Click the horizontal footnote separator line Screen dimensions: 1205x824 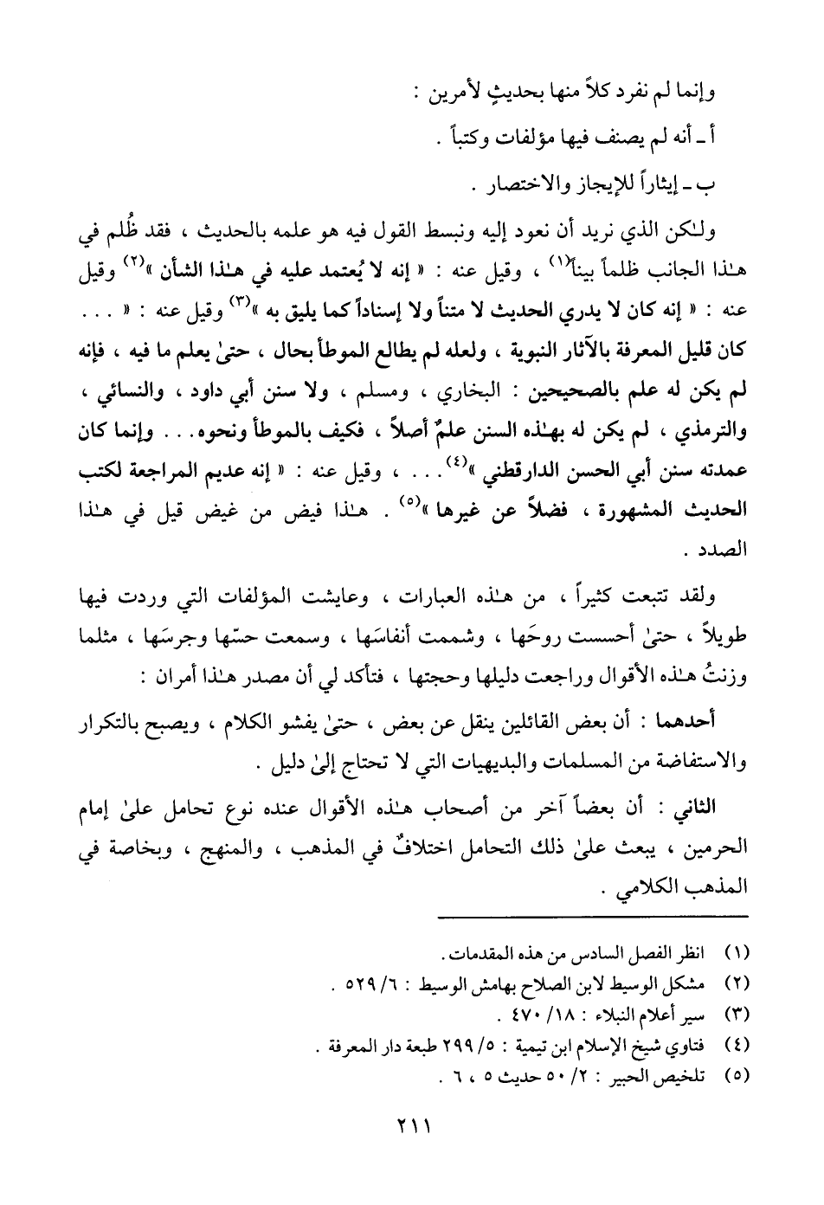591,917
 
